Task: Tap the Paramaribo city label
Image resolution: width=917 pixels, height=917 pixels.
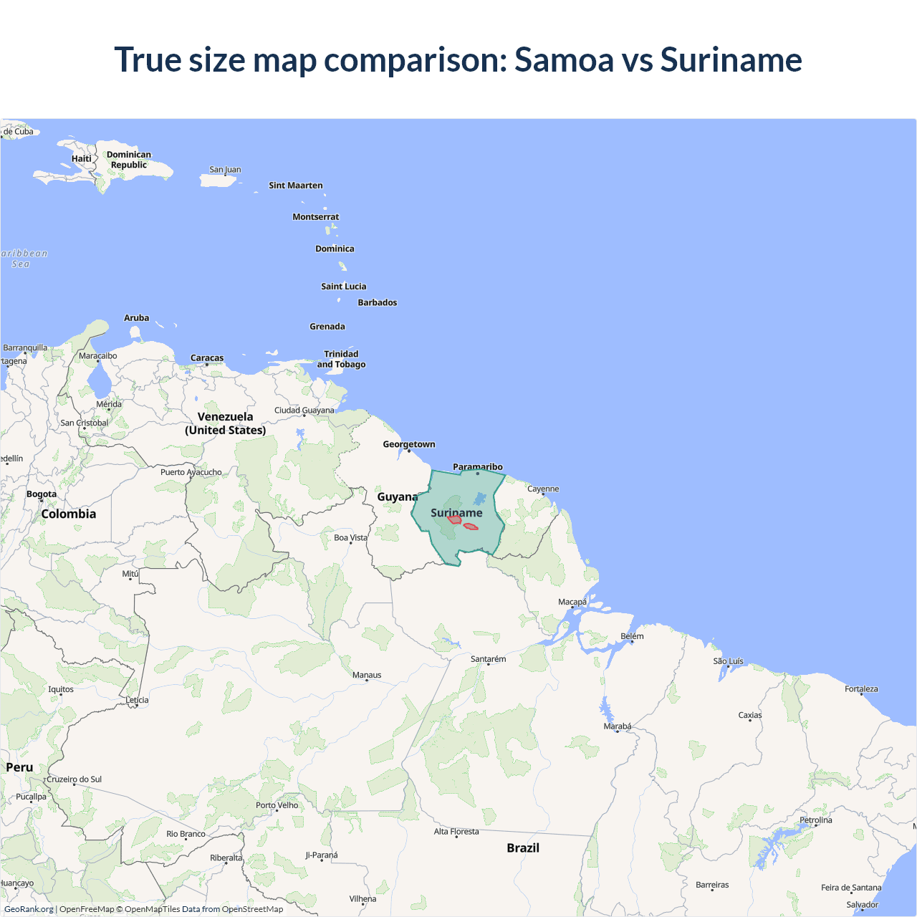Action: [478, 467]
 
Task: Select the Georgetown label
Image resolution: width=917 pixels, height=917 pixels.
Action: [408, 444]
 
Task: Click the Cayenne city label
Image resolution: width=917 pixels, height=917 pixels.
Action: [543, 489]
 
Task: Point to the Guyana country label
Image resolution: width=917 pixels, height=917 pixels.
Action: [398, 496]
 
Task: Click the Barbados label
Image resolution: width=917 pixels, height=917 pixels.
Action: [378, 302]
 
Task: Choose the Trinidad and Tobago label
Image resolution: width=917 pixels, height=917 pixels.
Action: [341, 359]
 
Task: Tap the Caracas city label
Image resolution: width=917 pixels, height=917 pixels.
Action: [207, 358]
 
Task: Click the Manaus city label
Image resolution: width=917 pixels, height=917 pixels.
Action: [367, 675]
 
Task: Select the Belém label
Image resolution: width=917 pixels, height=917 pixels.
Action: [632, 636]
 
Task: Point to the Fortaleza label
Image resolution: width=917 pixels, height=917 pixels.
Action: [861, 689]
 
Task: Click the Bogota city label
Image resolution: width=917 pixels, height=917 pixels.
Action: [42, 494]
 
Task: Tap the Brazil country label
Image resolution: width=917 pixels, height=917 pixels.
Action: [523, 848]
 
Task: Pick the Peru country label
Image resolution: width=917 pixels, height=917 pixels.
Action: [19, 767]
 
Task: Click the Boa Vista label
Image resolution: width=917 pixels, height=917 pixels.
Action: [350, 537]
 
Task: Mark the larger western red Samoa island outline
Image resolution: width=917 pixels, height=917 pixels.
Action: [454, 519]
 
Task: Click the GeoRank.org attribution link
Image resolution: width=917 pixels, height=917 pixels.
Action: [29, 909]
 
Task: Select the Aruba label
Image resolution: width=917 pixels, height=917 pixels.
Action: [137, 318]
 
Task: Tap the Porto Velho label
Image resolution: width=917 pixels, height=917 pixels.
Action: [277, 805]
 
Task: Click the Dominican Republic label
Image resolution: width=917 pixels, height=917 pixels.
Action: [129, 160]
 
